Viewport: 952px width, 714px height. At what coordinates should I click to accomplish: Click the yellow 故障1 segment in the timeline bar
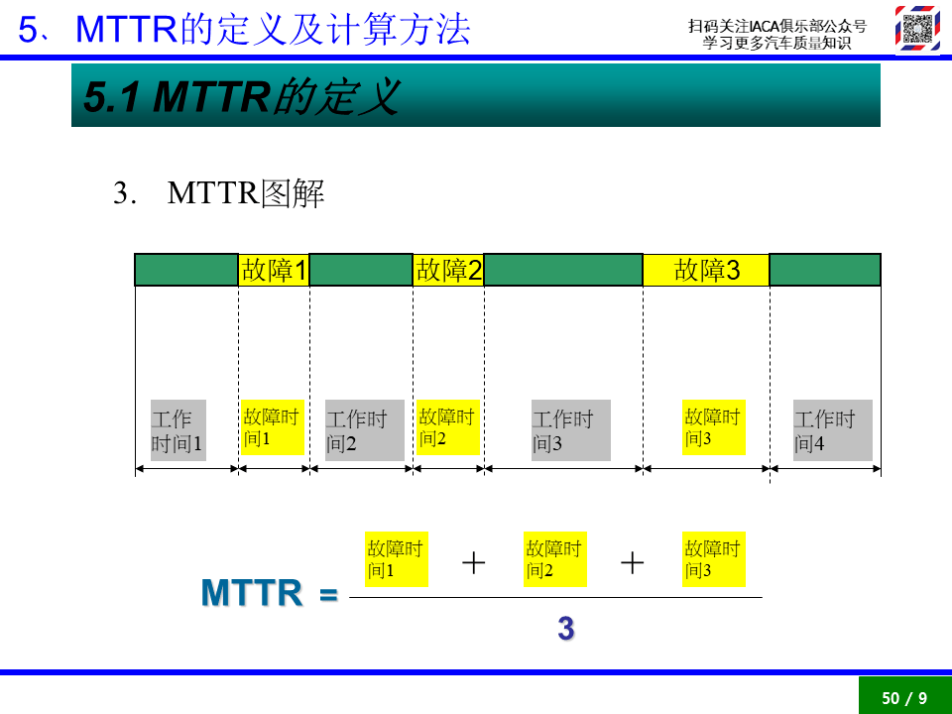pyautogui.click(x=274, y=270)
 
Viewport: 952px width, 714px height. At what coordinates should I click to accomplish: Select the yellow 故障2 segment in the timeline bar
pyautogui.click(x=448, y=270)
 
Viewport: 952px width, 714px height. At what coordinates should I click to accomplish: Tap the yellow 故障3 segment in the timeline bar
pyautogui.click(x=706, y=270)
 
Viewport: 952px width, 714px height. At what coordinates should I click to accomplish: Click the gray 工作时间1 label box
pyautogui.click(x=178, y=429)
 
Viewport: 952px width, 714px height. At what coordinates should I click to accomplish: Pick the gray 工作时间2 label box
pyautogui.click(x=365, y=429)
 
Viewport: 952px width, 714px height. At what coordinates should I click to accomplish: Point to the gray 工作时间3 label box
pyautogui.click(x=571, y=429)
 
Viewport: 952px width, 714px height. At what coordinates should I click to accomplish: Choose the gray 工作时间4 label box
pyautogui.click(x=833, y=429)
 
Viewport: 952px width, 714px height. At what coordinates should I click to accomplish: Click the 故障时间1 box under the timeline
pyautogui.click(x=273, y=427)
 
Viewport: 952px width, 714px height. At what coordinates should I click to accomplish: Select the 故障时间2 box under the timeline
pyautogui.click(x=448, y=427)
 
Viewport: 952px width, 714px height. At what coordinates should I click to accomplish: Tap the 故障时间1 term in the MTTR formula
pyautogui.click(x=397, y=559)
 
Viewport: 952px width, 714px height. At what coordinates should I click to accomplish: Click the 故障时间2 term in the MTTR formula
pyautogui.click(x=555, y=559)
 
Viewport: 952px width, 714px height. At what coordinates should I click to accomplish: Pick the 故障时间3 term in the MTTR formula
pyautogui.click(x=714, y=559)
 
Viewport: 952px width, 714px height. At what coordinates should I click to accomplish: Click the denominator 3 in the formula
pyautogui.click(x=566, y=629)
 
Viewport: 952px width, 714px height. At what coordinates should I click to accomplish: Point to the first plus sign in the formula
pyautogui.click(x=474, y=563)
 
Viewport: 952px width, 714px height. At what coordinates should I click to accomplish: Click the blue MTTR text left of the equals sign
pyautogui.click(x=251, y=593)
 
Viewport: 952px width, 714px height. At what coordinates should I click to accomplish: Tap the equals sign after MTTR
pyautogui.click(x=328, y=594)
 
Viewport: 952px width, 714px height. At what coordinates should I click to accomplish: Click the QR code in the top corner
pyautogui.click(x=917, y=28)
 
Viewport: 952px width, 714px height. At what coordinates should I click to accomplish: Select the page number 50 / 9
pyautogui.click(x=904, y=698)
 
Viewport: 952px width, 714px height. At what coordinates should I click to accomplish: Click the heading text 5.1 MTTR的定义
pyautogui.click(x=242, y=96)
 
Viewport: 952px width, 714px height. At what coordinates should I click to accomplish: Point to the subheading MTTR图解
pyautogui.click(x=246, y=193)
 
